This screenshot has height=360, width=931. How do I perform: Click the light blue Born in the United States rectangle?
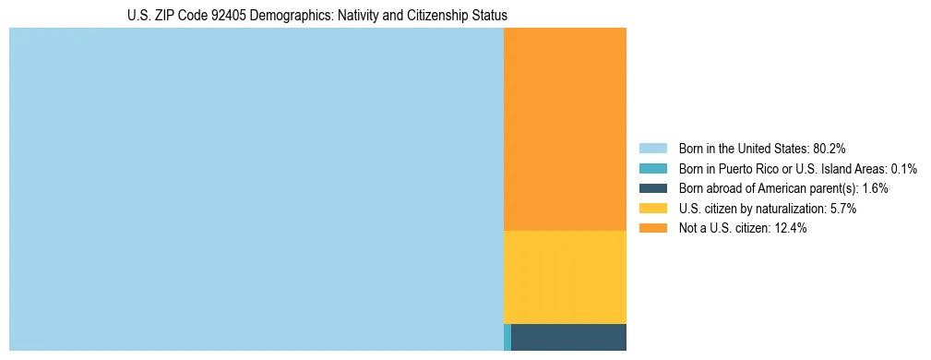[256, 189]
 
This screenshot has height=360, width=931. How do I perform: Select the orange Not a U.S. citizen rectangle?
[565, 129]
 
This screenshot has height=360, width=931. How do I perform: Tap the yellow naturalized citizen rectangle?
[565, 277]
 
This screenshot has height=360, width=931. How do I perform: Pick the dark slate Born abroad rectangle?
[568, 337]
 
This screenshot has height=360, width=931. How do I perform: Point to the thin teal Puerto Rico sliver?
[507, 337]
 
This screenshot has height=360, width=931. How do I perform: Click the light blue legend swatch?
[652, 148]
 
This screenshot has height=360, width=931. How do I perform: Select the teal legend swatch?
[652, 168]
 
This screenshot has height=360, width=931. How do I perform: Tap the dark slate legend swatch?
[652, 188]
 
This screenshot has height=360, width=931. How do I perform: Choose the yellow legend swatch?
[652, 209]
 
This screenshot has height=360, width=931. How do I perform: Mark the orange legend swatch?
[652, 229]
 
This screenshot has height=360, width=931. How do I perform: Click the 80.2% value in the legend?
[830, 148]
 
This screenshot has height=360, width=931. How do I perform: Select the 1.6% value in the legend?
[875, 188]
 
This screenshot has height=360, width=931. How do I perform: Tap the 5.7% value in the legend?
[843, 209]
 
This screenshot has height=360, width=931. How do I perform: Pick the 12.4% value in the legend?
[791, 229]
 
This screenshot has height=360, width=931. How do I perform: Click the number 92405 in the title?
[239, 16]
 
